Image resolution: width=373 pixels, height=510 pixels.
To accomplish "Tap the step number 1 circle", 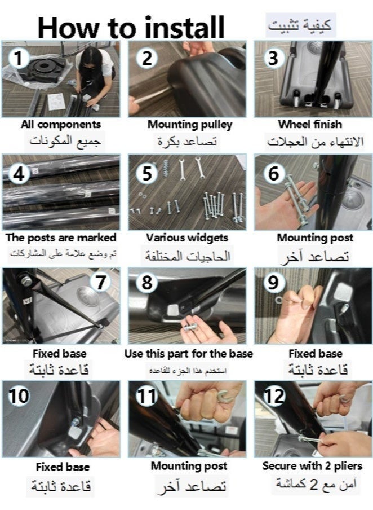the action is pos(19,58).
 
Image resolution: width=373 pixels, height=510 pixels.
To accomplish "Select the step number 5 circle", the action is pos(147,173).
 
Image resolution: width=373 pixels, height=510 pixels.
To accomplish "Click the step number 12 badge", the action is pos(274,396).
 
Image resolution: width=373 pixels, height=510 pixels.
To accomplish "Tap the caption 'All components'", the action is pos(61,124).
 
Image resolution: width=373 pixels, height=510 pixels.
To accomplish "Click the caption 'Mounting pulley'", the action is pos(190,125).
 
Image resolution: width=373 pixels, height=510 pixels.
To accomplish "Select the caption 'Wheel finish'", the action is pos(310,124).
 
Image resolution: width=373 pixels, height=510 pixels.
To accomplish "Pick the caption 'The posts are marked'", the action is pos(61,238).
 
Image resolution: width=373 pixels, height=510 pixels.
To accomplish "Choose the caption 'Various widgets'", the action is pos(187,238).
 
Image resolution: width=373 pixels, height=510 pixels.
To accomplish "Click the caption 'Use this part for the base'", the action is pos(188,354).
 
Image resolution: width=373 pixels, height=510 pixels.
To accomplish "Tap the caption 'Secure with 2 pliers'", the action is pos(312,466).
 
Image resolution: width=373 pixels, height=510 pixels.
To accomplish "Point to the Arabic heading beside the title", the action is pos(300,25).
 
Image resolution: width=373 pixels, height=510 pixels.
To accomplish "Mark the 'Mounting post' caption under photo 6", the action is pos(315,238).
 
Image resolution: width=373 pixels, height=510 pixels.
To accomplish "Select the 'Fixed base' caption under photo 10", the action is pos(63,467).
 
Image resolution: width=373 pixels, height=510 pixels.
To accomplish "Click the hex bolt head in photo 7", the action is pos(26,280).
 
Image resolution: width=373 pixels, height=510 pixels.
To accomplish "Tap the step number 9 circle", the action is pos(273,282).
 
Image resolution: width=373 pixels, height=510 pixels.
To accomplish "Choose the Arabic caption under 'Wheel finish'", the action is pos(315,142).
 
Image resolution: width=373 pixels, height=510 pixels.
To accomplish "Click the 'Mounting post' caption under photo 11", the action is pos(189,466).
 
